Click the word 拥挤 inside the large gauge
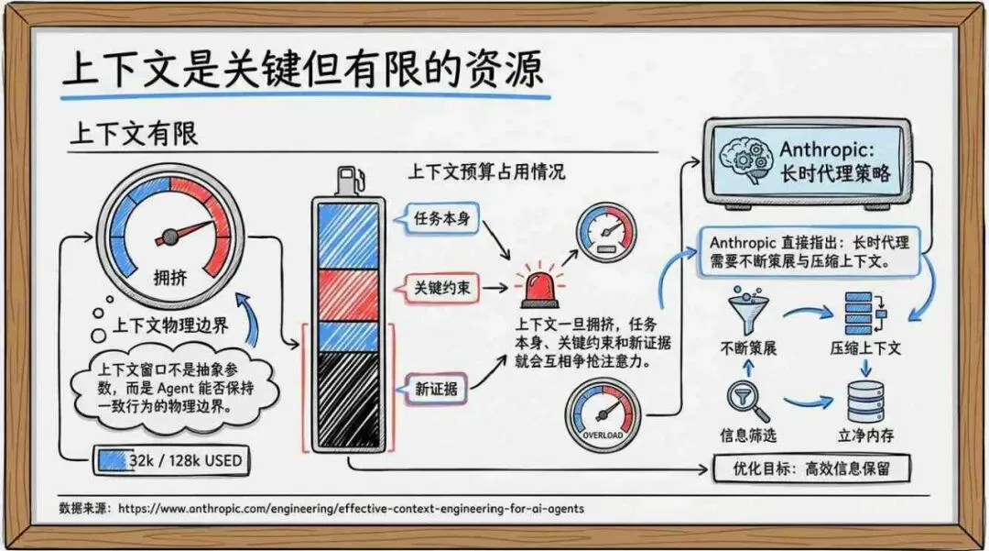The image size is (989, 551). pyautogui.click(x=170, y=276)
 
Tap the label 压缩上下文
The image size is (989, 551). pyautogui.click(x=865, y=349)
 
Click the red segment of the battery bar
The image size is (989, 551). pyautogui.click(x=346, y=292)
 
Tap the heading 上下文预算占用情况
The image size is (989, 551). pyautogui.click(x=486, y=171)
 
